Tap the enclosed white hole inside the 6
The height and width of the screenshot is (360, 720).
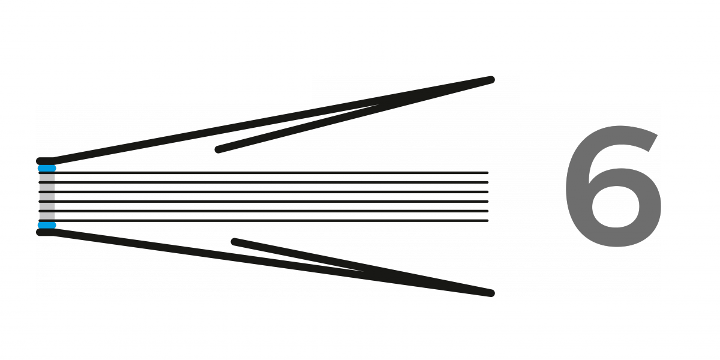coord(615,202)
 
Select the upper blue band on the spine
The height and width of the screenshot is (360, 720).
coord(47,168)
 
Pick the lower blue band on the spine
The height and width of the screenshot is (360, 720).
coord(47,225)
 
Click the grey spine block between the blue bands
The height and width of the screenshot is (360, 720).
coord(47,197)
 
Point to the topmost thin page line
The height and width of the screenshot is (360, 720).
coord(263,173)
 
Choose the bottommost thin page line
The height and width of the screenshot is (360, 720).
coord(263,221)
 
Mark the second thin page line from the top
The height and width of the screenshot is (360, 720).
coord(263,182)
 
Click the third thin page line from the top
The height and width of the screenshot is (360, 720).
coord(263,192)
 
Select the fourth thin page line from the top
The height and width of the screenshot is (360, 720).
coord(263,202)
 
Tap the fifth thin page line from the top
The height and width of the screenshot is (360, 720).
coord(263,211)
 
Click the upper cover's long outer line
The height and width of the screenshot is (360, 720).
coord(272,120)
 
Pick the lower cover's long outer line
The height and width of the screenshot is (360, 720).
coord(272,263)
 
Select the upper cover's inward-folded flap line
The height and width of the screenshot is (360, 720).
coord(353,115)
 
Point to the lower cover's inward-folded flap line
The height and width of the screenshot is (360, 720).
coord(362,268)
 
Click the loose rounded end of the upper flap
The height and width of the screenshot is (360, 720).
coord(218,149)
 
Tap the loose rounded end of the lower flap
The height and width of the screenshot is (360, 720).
coord(235,242)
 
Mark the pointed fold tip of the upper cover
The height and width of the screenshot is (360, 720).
coord(491,80)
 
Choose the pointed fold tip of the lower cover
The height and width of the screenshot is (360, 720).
coord(491,293)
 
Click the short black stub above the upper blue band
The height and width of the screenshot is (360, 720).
coord(46,161)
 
